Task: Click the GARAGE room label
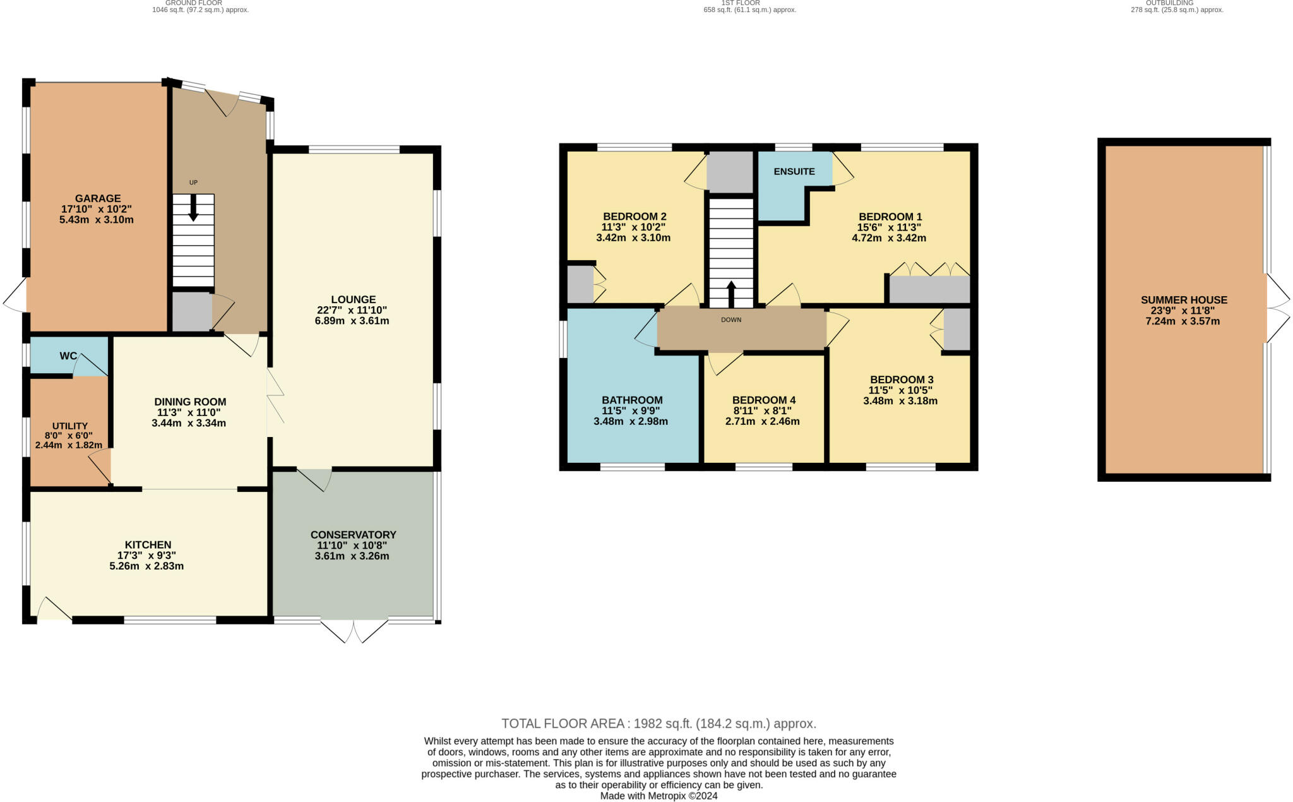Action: (x=98, y=198)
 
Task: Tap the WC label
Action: (x=68, y=356)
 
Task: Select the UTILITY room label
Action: (x=70, y=426)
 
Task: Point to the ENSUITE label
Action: (x=794, y=171)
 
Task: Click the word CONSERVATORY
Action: (x=354, y=535)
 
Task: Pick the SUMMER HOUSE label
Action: (x=1184, y=300)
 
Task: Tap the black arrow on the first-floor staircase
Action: (x=731, y=294)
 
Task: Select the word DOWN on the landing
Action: (x=731, y=320)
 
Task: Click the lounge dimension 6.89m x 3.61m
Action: (x=352, y=321)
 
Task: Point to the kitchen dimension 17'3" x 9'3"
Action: (x=147, y=556)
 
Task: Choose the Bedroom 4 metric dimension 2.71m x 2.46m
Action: (x=763, y=421)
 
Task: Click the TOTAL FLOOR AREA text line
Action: (x=659, y=724)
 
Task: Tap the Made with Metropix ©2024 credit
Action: (x=659, y=796)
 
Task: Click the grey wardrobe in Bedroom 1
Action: (x=929, y=290)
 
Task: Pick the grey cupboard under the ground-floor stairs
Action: (x=192, y=311)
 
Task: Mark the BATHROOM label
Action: (x=632, y=400)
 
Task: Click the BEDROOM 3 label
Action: (x=902, y=380)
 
